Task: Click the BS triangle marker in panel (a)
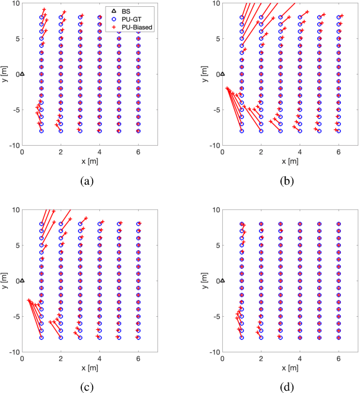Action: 22,73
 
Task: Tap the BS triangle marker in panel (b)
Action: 222,73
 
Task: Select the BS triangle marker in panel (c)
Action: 22,280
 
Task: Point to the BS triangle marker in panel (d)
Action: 222,280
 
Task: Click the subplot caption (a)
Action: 87,181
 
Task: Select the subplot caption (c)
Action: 87,387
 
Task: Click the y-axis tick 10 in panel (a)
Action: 15,3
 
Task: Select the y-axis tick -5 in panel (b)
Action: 216,110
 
